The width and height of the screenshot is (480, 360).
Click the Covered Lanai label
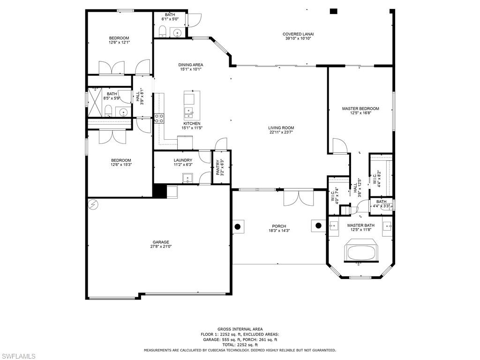click(298, 34)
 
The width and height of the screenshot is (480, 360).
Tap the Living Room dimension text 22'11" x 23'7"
click(281, 132)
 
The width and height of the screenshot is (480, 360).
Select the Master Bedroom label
click(360, 109)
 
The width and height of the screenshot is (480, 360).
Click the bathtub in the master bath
click(360, 252)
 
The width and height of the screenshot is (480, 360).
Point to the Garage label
click(161, 242)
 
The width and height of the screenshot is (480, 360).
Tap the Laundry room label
click(183, 160)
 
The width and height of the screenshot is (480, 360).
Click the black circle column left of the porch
click(238, 227)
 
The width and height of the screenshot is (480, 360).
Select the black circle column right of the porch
click(319, 225)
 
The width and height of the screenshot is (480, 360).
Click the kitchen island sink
click(190, 112)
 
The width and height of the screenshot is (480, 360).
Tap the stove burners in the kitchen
click(159, 118)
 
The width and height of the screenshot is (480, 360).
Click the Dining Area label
click(191, 65)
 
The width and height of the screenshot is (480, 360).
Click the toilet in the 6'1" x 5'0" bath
click(162, 32)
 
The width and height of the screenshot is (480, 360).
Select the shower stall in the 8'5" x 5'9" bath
click(96, 101)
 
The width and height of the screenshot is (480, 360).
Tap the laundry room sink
click(187, 178)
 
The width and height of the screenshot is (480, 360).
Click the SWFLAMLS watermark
click(18, 356)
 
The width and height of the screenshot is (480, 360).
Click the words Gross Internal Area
click(240, 329)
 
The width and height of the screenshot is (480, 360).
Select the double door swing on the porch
click(298, 198)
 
